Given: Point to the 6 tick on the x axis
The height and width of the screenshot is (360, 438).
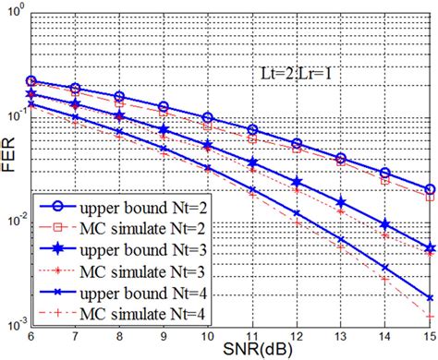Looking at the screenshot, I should coord(31,336).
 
